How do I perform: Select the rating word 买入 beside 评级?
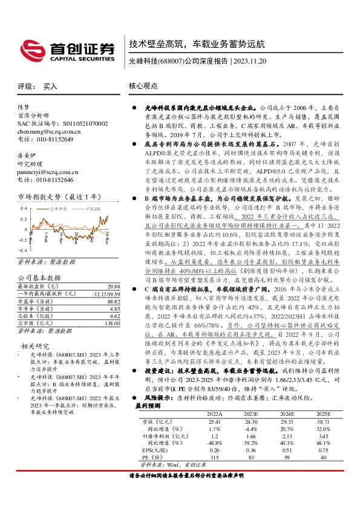tap(50, 86)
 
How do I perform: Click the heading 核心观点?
tap(145, 86)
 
